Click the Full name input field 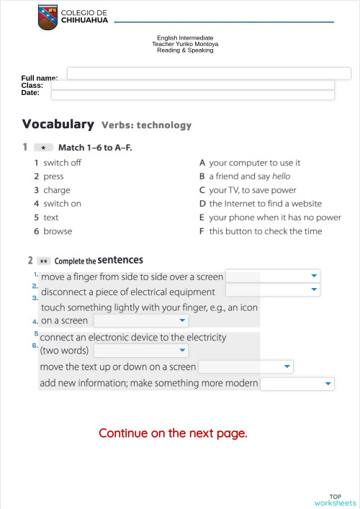pos(209,73)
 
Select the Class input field pos(192,84)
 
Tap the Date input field pos(192,94)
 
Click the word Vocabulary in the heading pos(58,124)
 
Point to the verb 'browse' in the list pos(58,231)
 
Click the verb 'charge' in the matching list pos(57,190)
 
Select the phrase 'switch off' pos(62,163)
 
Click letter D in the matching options pos(202,204)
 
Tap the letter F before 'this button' pos(202,231)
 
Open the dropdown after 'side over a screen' pos(273,276)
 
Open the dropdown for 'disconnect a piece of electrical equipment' pos(273,290)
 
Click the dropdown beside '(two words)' pos(141,351)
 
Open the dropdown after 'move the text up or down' pos(246,367)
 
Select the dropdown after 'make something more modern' pos(297,384)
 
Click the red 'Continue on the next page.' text pos(173,433)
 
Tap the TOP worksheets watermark pos(336,500)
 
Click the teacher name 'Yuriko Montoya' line pos(185,44)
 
